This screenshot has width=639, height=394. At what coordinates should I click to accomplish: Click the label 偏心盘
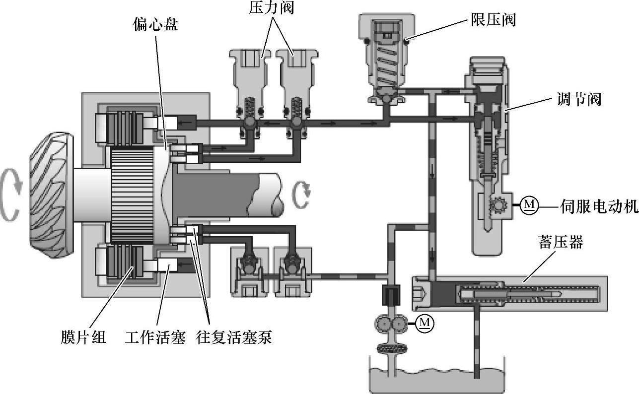point(155,24)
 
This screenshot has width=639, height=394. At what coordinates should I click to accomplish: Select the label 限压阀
point(493,20)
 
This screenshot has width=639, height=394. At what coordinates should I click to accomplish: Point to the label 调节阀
point(579,99)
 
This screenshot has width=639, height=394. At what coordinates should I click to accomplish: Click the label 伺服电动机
point(599,206)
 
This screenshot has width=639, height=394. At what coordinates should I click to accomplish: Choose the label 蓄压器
point(561,242)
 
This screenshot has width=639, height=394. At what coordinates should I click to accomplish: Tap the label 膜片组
point(83,337)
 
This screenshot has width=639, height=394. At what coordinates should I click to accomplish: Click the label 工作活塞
point(155,337)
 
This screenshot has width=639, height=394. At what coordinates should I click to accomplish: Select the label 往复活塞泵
point(234,337)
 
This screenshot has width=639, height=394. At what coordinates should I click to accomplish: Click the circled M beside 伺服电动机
point(529,205)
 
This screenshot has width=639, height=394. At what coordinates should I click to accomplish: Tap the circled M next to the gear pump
point(425,324)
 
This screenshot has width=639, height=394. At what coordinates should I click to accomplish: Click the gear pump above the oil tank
point(391,324)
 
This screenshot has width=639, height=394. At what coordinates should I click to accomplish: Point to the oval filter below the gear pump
point(392,348)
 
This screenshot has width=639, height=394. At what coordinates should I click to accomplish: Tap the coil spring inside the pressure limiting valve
point(387,66)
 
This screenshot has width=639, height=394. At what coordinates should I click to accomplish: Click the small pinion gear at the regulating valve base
point(498,204)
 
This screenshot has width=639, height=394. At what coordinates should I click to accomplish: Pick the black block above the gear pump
point(391,295)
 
